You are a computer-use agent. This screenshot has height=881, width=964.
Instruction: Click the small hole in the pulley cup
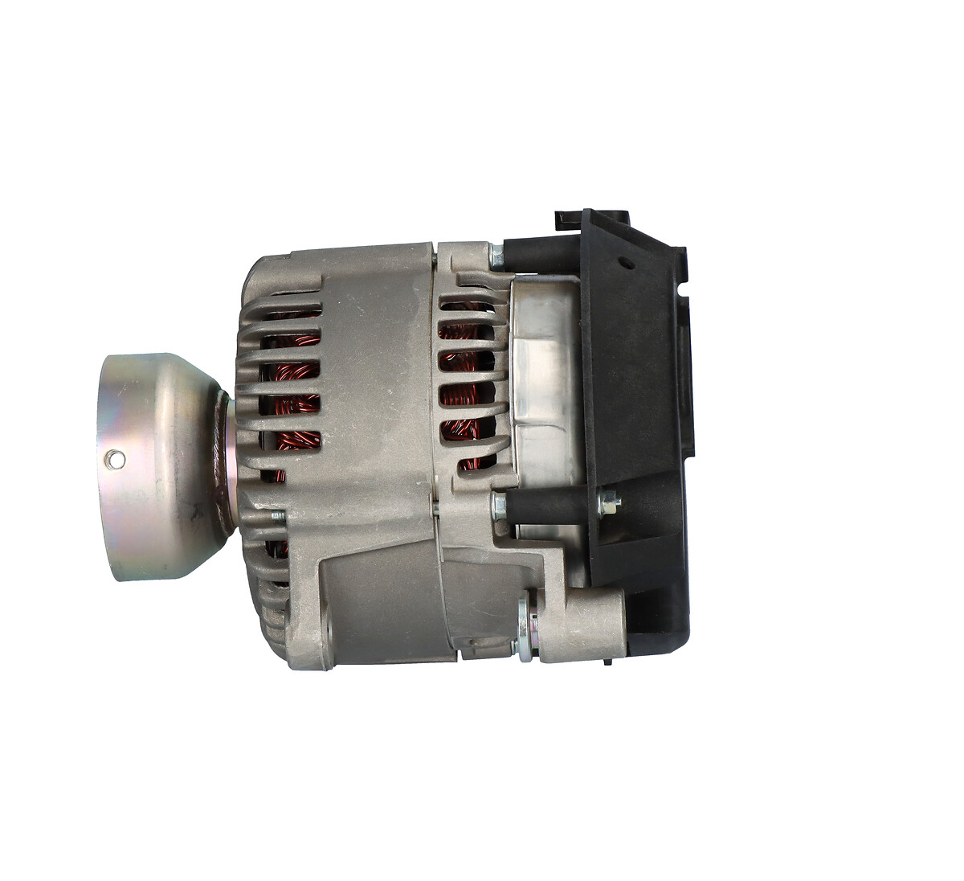pyautogui.click(x=117, y=459)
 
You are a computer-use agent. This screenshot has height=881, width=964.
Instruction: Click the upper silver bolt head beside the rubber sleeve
pyautogui.click(x=497, y=257)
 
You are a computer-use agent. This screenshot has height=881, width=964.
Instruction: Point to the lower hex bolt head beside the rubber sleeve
pyautogui.click(x=498, y=506)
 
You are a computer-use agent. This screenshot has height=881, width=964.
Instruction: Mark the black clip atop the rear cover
pyautogui.click(x=568, y=220)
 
